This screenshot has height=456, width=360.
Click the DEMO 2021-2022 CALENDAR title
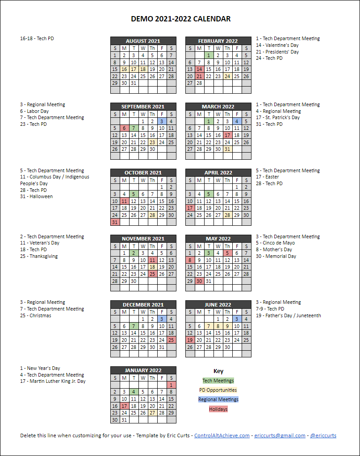click(x=180, y=19)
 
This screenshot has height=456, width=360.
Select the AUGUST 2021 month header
click(x=143, y=41)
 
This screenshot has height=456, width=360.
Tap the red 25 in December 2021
click(x=171, y=340)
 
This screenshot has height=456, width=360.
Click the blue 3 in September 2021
click(x=162, y=121)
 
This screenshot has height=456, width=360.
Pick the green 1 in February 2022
click(x=209, y=55)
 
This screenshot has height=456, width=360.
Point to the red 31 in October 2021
click(x=115, y=222)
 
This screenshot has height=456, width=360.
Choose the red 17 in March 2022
click(x=227, y=135)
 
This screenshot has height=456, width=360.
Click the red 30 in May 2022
click(x=199, y=281)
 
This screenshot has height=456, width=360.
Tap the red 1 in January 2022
click(x=171, y=385)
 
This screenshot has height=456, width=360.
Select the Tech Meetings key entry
click(x=218, y=381)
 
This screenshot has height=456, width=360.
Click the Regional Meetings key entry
click(x=218, y=399)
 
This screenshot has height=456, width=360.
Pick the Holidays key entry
click(x=218, y=409)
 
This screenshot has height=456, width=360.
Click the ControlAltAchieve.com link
click(x=222, y=435)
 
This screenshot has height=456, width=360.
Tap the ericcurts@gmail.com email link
click(x=280, y=435)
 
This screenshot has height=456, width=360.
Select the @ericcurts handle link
click(x=323, y=435)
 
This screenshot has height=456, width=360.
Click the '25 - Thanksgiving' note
click(x=39, y=256)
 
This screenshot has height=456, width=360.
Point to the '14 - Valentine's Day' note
click(x=277, y=45)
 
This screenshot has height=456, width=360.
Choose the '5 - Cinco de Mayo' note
click(x=275, y=243)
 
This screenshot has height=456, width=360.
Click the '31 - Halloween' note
click(x=36, y=196)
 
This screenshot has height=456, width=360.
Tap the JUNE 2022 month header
click(x=218, y=305)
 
